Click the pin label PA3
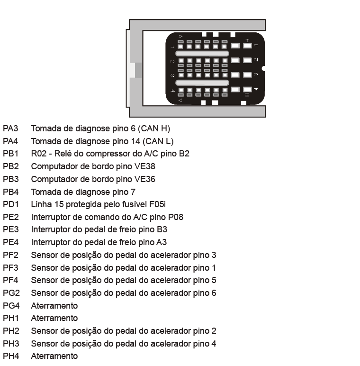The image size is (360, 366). (10, 128)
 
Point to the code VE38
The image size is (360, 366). (145, 166)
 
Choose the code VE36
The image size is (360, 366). (145, 179)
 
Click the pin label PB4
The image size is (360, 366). (11, 192)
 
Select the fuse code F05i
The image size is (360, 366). (157, 204)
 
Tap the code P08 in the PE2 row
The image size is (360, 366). (176, 217)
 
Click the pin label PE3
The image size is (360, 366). (11, 229)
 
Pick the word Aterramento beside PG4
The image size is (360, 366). (54, 306)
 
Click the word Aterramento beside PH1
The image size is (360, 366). (54, 318)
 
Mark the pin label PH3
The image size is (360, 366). (11, 344)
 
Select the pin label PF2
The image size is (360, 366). (10, 255)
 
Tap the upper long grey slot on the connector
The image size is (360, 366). (202, 54)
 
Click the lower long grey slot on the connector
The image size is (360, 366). (202, 82)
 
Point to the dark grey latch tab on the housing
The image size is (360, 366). (138, 70)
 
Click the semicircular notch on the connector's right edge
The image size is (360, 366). (263, 69)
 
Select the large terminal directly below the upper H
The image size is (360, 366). (247, 46)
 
